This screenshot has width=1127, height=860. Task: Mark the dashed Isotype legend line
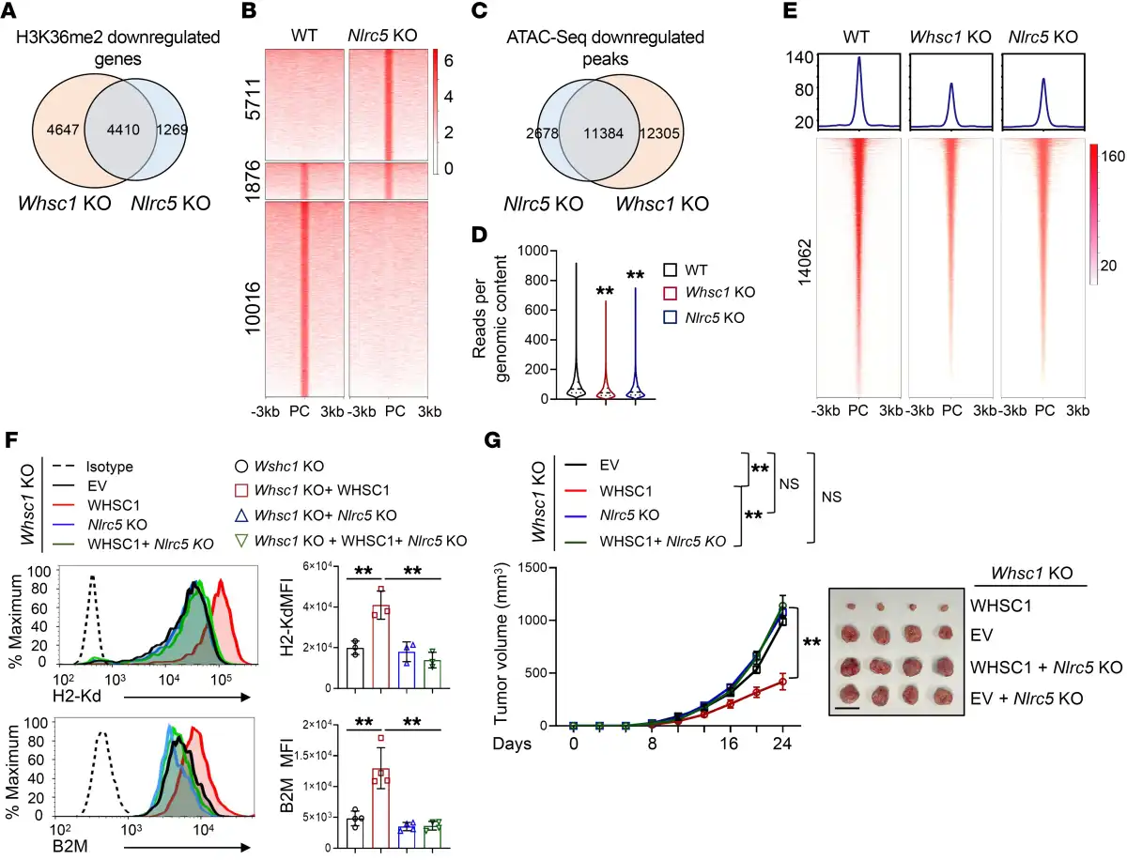click(x=67, y=466)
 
